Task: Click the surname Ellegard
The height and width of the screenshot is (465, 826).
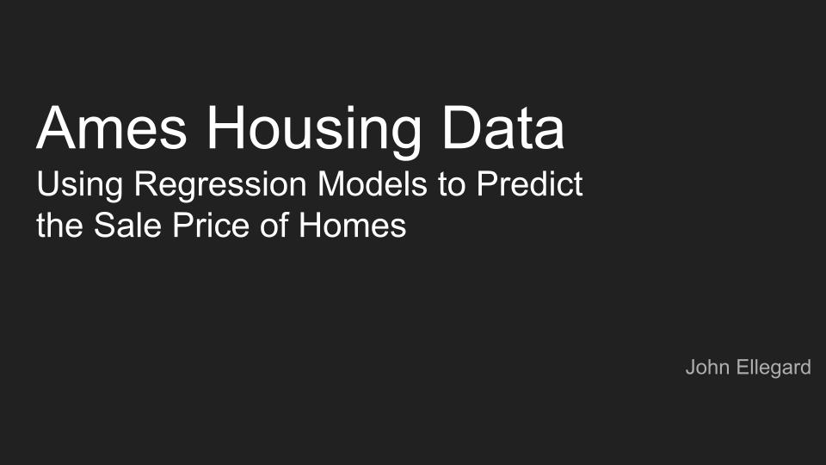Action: [772, 368]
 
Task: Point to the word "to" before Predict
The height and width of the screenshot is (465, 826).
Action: [452, 185]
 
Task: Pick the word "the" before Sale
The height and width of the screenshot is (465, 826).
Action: [59, 225]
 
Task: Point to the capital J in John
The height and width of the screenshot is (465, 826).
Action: [690, 368]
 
